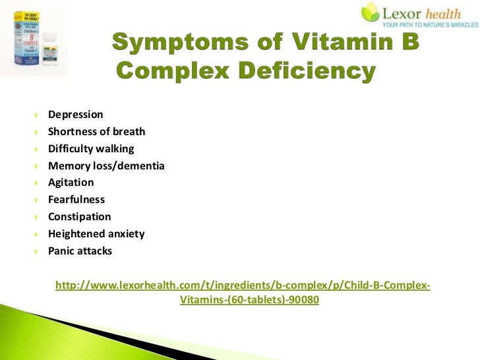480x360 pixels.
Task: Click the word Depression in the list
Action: [x=75, y=115]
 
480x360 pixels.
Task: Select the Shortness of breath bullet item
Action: [x=96, y=131]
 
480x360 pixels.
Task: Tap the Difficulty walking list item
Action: [x=90, y=148]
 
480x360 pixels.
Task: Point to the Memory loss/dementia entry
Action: [x=105, y=165]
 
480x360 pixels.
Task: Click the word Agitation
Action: [x=71, y=183]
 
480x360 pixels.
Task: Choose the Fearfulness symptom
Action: [x=76, y=200]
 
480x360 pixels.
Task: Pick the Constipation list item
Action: [x=79, y=217]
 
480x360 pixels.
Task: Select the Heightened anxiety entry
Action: [x=96, y=234]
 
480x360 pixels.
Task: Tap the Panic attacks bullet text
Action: [x=80, y=251]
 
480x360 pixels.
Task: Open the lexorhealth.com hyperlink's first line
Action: [x=243, y=285]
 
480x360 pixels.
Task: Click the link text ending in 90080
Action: [x=249, y=299]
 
